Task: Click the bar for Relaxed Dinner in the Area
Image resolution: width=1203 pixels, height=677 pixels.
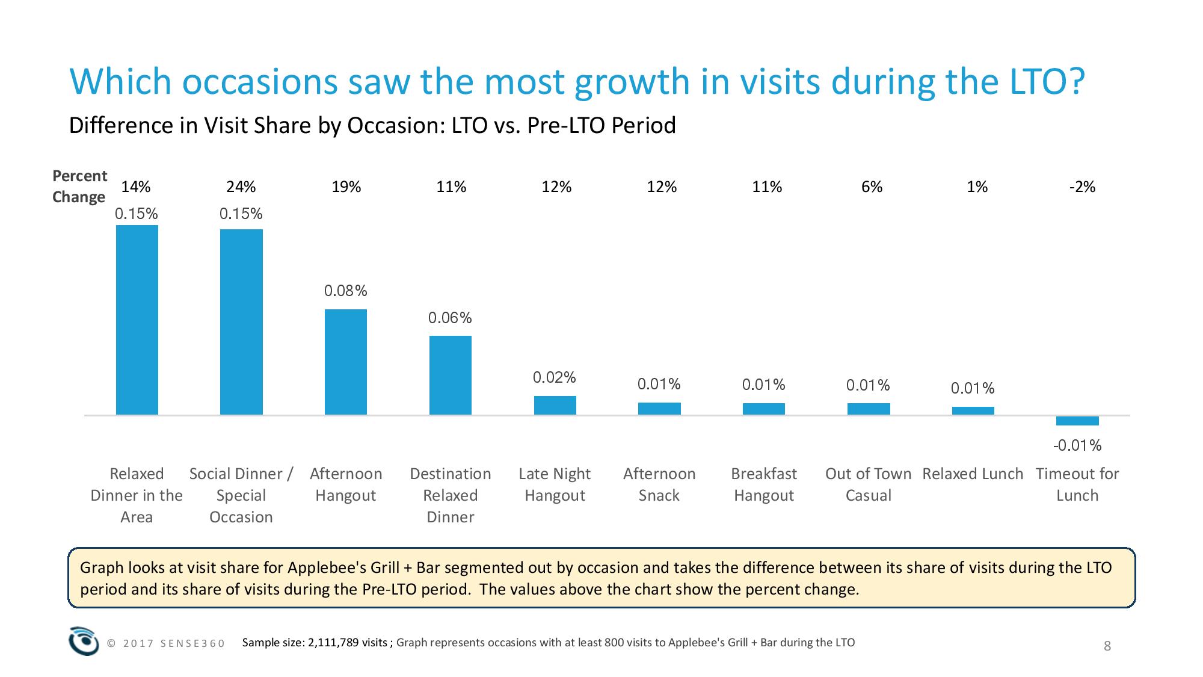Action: (x=137, y=320)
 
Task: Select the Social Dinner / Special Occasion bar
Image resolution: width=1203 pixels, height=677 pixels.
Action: (x=241, y=322)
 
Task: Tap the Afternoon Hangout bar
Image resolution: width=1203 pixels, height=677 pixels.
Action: (x=346, y=362)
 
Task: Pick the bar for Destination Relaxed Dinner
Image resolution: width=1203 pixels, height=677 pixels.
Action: (x=451, y=375)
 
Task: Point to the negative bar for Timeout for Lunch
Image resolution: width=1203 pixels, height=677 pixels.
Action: (x=1077, y=421)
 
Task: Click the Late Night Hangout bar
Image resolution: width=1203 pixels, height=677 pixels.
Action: (x=555, y=405)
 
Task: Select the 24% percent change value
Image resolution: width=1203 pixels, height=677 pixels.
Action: (x=241, y=187)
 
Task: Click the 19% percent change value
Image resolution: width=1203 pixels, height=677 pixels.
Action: (x=346, y=187)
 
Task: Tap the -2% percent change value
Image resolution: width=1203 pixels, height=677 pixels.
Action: (x=1082, y=187)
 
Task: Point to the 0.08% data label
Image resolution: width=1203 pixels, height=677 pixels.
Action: (x=346, y=291)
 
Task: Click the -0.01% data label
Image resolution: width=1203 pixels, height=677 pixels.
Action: (x=1077, y=446)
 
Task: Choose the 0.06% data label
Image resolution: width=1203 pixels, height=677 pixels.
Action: (x=450, y=318)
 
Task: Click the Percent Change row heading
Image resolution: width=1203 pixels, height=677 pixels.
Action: (x=79, y=187)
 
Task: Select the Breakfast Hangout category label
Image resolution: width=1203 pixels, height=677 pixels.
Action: (x=764, y=484)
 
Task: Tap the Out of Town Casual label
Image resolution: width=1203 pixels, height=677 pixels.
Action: (x=869, y=484)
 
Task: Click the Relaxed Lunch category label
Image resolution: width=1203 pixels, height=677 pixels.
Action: (x=973, y=474)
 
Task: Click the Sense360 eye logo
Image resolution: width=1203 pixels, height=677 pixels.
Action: (x=84, y=641)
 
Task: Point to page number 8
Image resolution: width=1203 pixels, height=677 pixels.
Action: (x=1107, y=646)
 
